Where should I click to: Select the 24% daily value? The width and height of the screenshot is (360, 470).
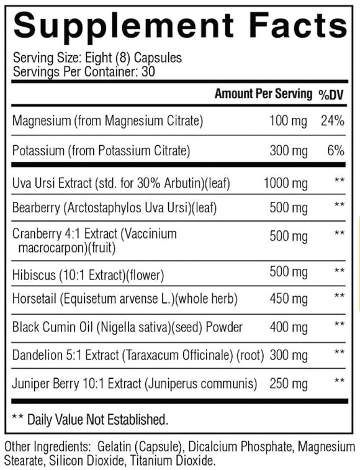coord(331,120)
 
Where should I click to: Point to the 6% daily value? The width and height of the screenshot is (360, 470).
coord(336,150)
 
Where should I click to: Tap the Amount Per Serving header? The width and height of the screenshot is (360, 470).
coord(263,94)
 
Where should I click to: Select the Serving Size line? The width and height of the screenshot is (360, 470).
coord(97,58)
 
